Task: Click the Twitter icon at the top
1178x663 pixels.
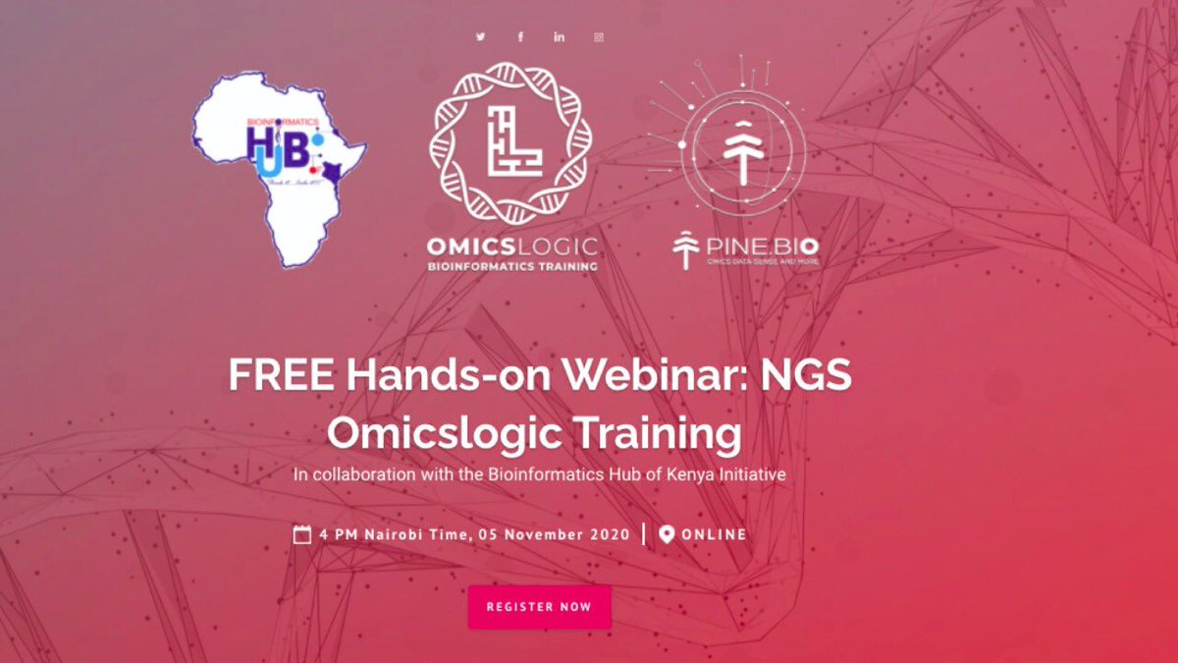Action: tap(481, 37)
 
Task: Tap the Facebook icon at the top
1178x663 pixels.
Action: tap(521, 37)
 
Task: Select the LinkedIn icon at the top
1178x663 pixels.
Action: tap(560, 37)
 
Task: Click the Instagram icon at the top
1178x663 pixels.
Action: tap(599, 37)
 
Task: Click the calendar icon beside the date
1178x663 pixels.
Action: tap(302, 534)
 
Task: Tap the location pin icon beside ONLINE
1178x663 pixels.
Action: tap(667, 534)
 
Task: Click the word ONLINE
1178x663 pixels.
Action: tap(714, 534)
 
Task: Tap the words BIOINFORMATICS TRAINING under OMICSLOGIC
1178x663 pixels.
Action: tap(510, 266)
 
